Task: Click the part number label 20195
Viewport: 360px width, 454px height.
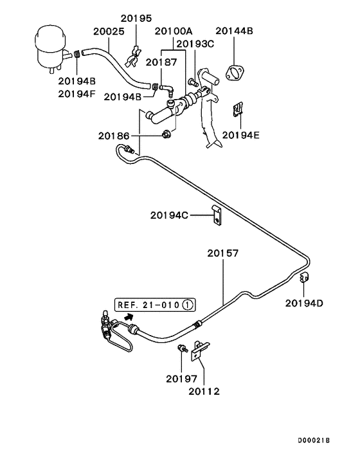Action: (136, 18)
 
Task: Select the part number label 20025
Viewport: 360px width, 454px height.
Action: (109, 32)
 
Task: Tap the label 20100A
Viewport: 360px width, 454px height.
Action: (174, 31)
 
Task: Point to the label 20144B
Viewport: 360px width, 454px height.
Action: (234, 31)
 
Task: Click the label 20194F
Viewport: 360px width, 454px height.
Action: (76, 94)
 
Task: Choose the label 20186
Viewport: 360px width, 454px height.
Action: (114, 136)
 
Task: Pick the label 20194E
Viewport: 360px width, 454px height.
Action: (241, 135)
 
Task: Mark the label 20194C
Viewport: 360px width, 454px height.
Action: (169, 215)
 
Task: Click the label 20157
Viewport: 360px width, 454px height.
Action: (223, 253)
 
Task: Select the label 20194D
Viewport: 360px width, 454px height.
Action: (304, 303)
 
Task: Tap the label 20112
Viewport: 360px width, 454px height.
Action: (204, 391)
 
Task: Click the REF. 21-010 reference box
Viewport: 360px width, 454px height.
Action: (155, 305)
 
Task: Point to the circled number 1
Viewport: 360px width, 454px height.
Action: (188, 305)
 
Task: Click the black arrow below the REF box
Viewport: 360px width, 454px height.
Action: (129, 317)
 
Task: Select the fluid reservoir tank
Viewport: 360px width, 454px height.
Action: (51, 50)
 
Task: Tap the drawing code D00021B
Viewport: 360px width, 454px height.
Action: (314, 440)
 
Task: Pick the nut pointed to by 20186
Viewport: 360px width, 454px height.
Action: (166, 134)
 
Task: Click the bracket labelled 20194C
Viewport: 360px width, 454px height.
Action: (217, 215)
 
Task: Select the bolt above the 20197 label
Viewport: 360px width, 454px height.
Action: (183, 349)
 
